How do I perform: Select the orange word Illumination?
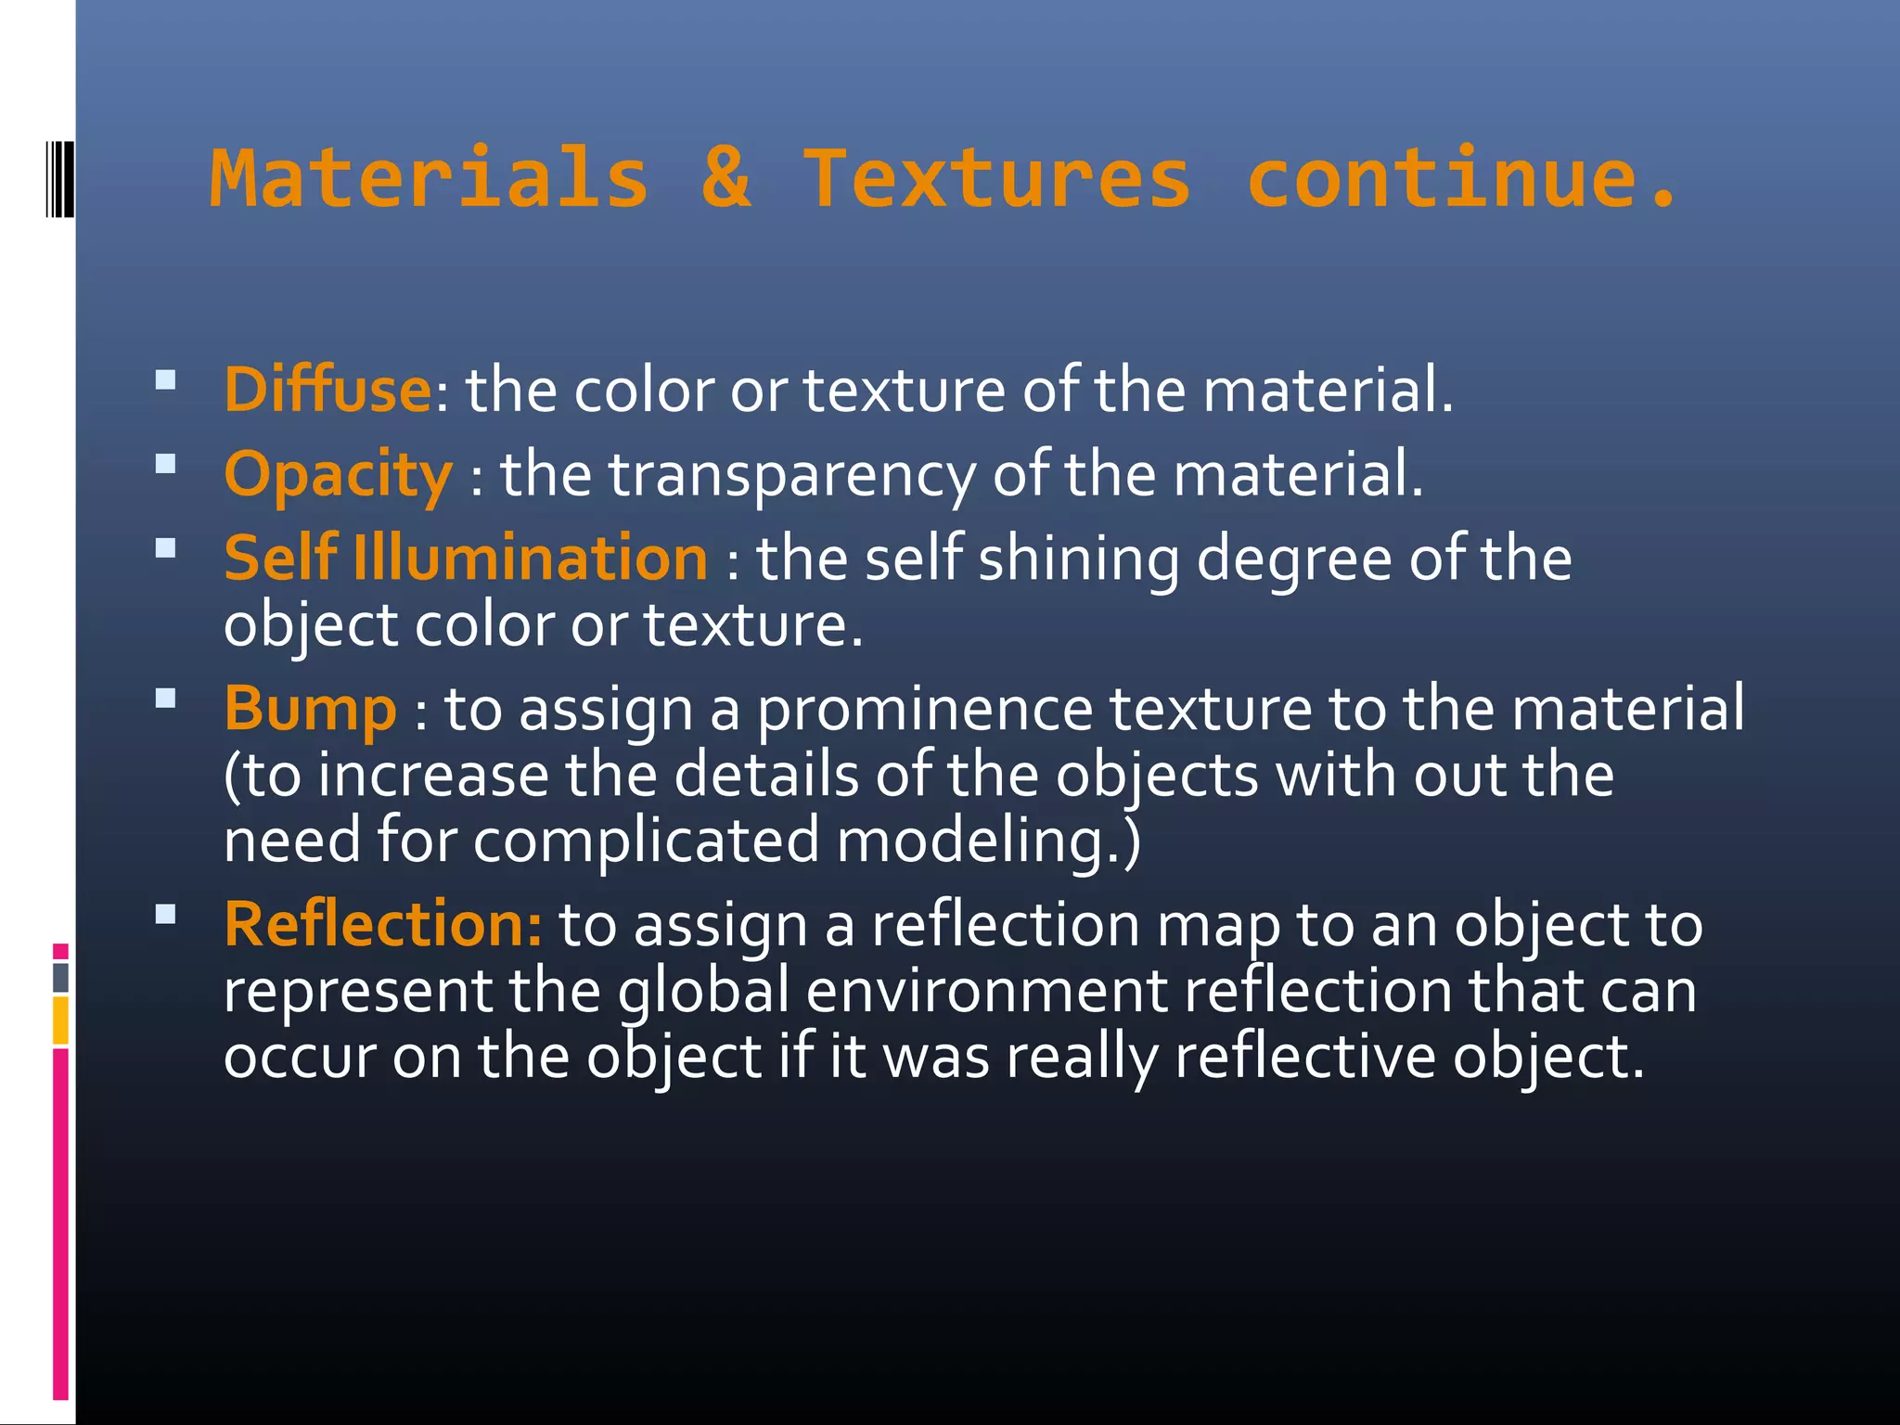pyautogui.click(x=531, y=558)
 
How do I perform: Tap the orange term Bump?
pyautogui.click(x=310, y=709)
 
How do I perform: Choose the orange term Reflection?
pyautogui.click(x=380, y=925)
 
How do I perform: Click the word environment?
pyautogui.click(x=986, y=991)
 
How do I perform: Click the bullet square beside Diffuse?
pyautogui.click(x=166, y=379)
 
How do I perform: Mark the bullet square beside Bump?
pyautogui.click(x=166, y=699)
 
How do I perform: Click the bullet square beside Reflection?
pyautogui.click(x=166, y=916)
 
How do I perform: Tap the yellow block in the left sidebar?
pyautogui.click(x=60, y=1021)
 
